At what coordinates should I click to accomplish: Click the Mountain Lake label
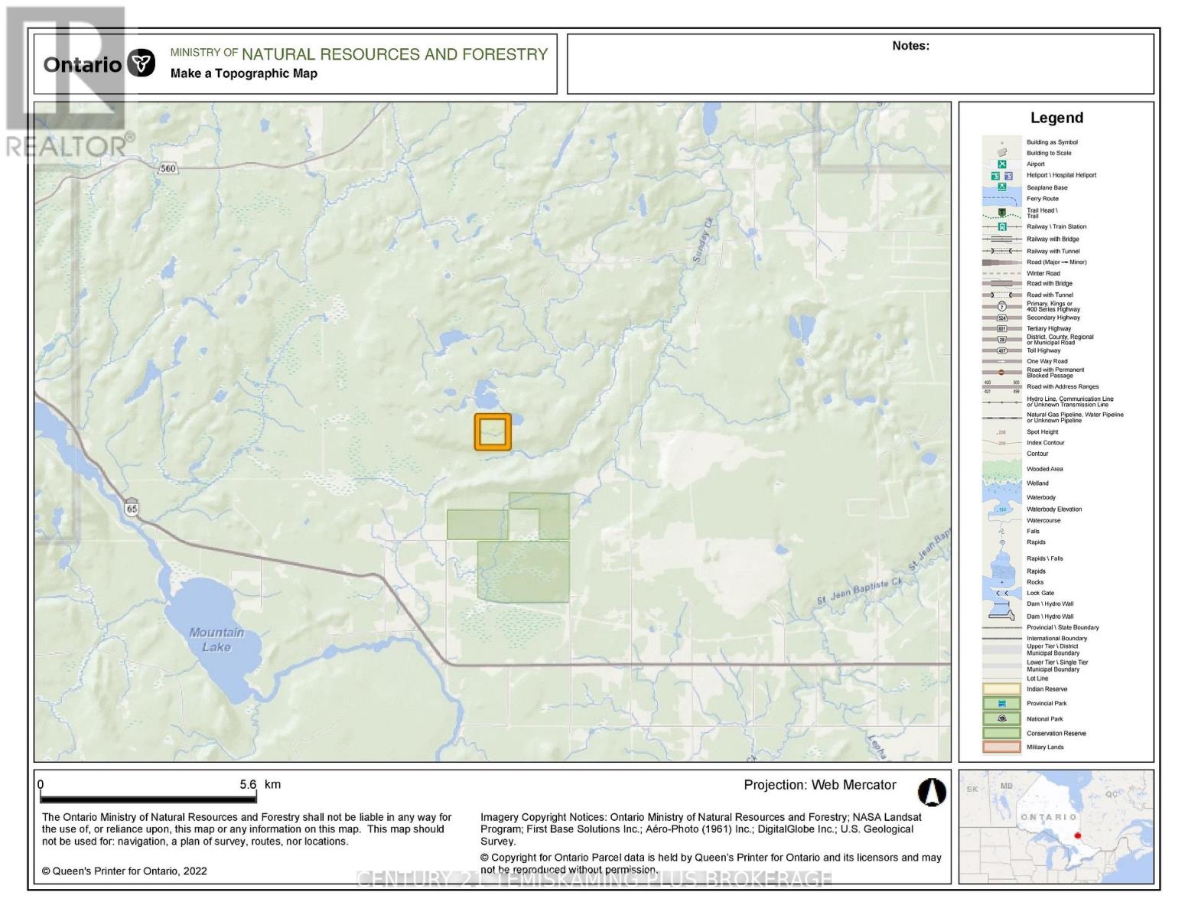(216, 640)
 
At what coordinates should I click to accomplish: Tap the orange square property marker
(493, 432)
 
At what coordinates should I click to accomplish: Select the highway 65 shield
(132, 507)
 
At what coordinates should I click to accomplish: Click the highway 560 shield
(168, 168)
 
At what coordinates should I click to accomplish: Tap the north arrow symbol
(932, 793)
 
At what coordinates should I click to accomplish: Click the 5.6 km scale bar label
(260, 785)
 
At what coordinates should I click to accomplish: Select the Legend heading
(1056, 118)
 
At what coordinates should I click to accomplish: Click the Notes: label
(910, 46)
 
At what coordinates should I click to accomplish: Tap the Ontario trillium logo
(142, 63)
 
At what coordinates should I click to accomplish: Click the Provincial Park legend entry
(1046, 704)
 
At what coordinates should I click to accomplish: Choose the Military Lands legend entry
(1045, 747)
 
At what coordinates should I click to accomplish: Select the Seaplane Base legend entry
(1046, 187)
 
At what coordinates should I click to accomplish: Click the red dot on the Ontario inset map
(1078, 836)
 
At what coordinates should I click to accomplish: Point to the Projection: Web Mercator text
(819, 785)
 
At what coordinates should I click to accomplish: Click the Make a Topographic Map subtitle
(243, 73)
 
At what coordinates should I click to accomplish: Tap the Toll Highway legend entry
(1043, 351)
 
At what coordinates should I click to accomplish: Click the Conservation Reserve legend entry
(1056, 734)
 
